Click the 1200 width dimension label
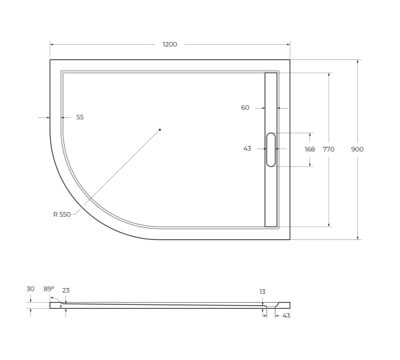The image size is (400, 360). click(170, 44)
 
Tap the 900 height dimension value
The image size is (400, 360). click(357, 149)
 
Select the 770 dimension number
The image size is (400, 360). click(329, 149)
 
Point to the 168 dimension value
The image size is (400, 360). click(309, 149)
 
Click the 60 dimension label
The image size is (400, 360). click(245, 107)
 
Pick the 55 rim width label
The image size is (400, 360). click(80, 117)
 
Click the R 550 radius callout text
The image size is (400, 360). click(62, 214)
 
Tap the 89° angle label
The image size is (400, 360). click(49, 289)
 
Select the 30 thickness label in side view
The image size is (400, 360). click(31, 289)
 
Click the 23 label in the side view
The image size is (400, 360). click(66, 290)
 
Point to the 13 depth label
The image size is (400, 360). click(263, 291)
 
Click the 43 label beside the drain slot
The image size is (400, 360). click(247, 149)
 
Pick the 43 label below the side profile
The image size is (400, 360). click(286, 315)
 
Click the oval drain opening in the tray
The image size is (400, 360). click(271, 149)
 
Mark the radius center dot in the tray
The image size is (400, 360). click(160, 129)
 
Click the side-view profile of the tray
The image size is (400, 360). click(167, 306)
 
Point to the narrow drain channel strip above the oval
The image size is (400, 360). click(271, 100)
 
